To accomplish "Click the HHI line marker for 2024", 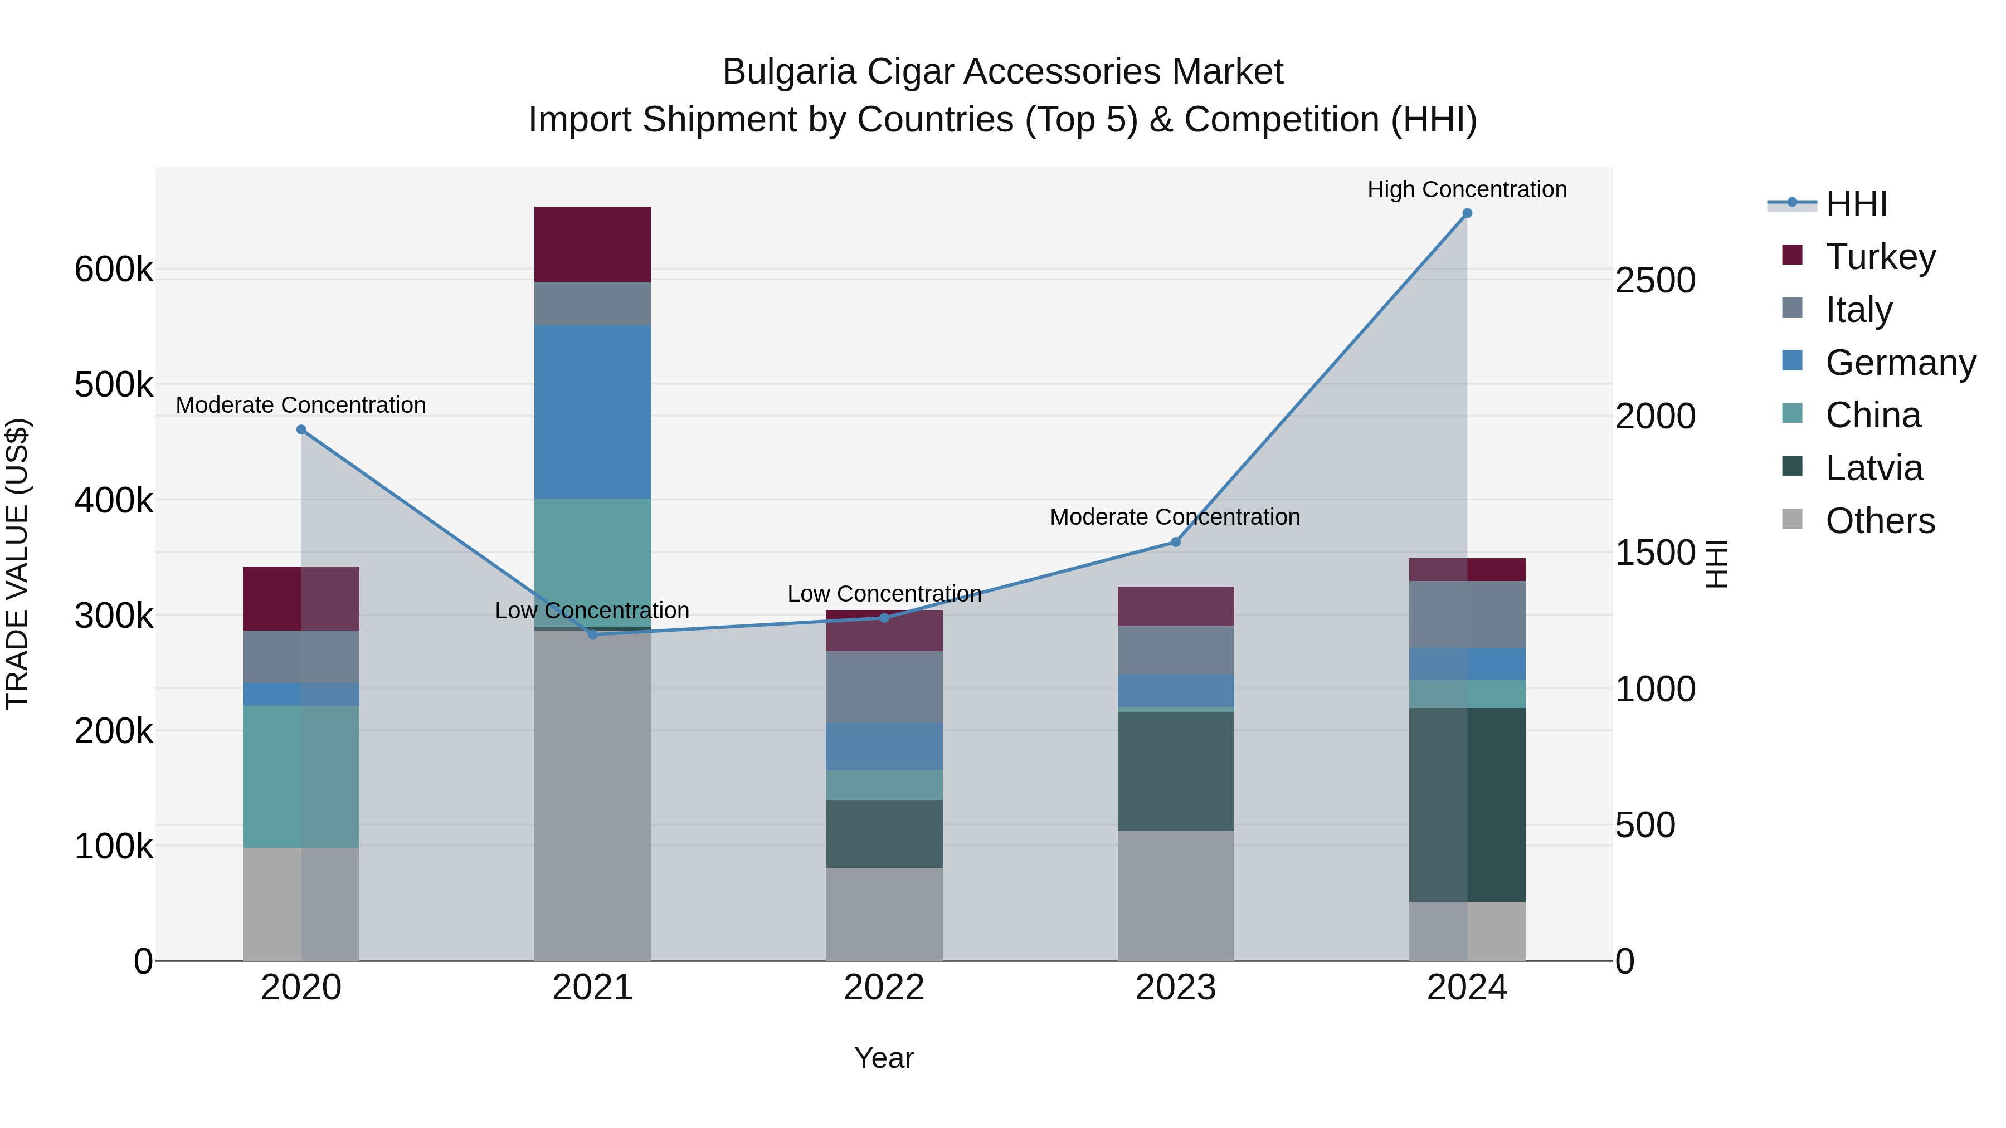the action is pos(1467,213).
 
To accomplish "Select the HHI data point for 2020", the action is pos(301,429).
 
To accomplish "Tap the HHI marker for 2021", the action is pos(593,634).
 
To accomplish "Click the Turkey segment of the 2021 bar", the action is pos(593,245).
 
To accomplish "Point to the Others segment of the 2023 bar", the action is pos(1175,895).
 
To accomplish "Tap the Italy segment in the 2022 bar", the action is pos(884,687).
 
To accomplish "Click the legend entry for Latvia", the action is pos(1873,468).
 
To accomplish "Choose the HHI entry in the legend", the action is pos(1856,204).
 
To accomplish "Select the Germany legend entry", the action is pos(1900,363).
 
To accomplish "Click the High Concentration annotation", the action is pos(1467,189).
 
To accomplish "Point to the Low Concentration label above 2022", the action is pos(884,594).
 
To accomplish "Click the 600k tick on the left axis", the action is pos(114,270).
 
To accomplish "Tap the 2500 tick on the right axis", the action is pos(1655,280).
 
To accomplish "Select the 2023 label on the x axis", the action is pos(1175,988).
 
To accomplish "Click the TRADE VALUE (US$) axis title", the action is pos(17,564).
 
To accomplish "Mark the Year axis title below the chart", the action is pos(884,1058).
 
